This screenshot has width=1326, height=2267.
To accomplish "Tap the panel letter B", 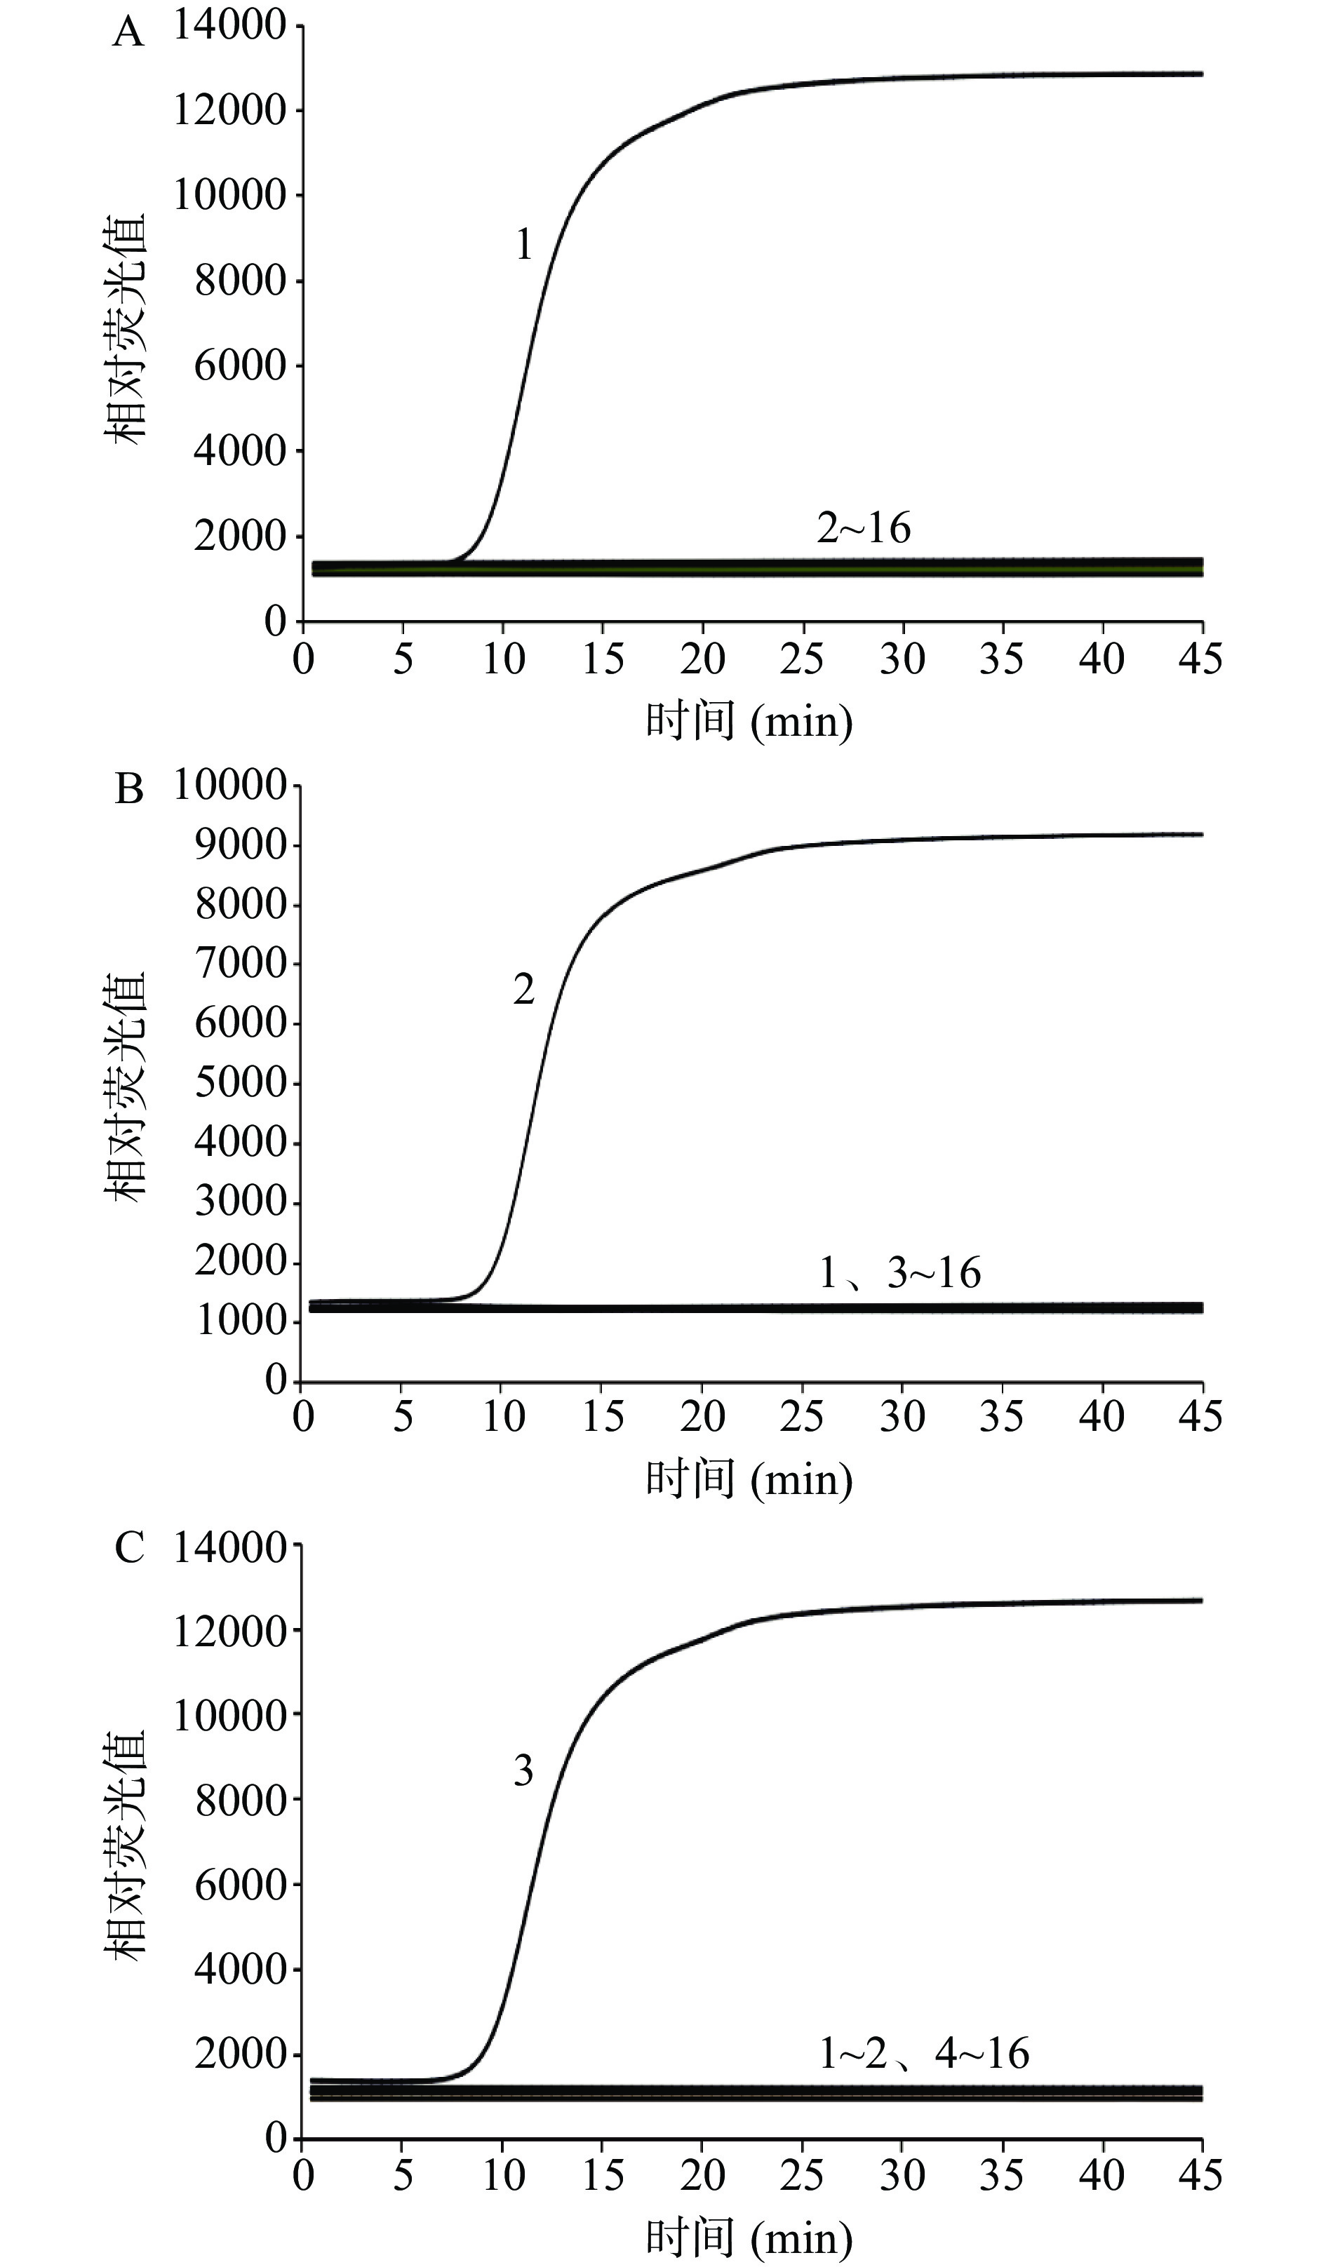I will pos(128,791).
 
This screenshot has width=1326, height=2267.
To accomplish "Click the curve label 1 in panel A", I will pos(523,245).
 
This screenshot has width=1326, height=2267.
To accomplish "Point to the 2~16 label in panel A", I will pos(864,528).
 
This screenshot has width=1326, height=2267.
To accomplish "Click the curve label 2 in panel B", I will pos(523,990).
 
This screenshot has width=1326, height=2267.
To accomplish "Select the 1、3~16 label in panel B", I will pos(899,1273).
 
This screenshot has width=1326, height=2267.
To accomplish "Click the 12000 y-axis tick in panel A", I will pos(229,112).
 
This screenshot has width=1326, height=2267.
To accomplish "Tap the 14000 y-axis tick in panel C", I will pos(229,1548).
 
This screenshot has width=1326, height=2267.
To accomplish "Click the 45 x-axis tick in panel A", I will pos(1202,659).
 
